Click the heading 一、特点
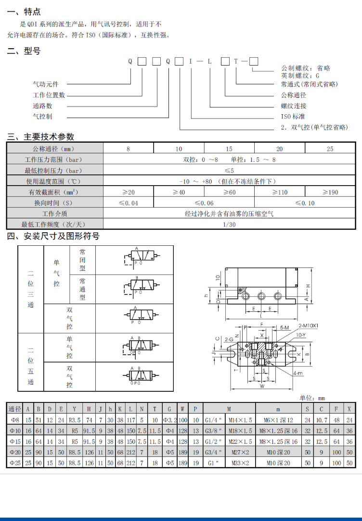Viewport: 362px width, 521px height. click(x=24, y=12)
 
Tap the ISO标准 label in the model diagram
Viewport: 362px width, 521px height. click(x=293, y=117)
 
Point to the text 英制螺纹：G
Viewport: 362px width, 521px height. click(x=300, y=76)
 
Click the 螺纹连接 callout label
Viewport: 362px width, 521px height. click(x=294, y=106)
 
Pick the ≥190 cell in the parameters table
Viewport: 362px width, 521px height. click(x=330, y=192)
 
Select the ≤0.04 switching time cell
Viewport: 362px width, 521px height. click(x=128, y=203)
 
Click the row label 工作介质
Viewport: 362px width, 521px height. click(x=54, y=214)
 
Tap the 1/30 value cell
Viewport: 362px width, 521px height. click(x=229, y=224)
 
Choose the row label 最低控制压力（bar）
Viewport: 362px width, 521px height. click(x=54, y=171)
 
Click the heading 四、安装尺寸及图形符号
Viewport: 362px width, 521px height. click(x=53, y=236)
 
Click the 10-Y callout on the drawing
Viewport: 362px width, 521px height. click(x=300, y=334)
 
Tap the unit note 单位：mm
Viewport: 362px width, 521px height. click(x=312, y=398)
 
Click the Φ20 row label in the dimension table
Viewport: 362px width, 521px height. click(x=15, y=452)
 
